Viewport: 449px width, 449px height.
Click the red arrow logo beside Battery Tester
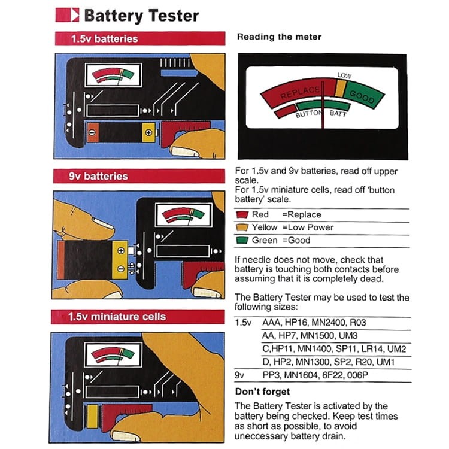[67, 14]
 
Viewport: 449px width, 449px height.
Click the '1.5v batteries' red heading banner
[139, 38]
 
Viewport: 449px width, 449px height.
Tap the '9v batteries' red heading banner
[139, 176]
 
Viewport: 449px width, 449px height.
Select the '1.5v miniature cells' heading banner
[139, 316]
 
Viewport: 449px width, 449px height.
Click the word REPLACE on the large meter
[300, 93]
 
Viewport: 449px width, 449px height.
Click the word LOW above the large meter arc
[344, 75]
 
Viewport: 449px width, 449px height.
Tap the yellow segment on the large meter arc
[340, 88]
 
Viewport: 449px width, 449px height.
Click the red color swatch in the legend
[242, 214]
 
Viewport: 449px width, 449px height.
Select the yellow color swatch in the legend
[242, 227]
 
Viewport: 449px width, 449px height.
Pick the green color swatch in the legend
[242, 241]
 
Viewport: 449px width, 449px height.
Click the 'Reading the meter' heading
[279, 37]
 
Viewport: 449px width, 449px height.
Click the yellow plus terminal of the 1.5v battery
[148, 132]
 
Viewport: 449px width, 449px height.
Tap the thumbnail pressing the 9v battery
[103, 226]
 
